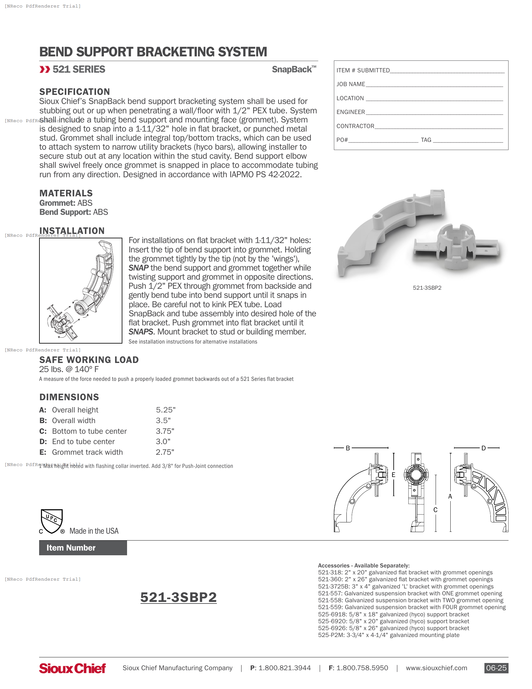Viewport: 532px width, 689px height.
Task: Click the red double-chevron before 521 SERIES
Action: [x=45, y=70]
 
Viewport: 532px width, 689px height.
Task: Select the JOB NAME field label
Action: [x=350, y=84]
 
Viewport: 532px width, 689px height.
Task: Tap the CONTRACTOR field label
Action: [x=355, y=126]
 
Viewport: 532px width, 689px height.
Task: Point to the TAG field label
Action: [x=426, y=140]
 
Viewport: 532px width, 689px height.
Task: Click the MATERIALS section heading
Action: [x=66, y=193]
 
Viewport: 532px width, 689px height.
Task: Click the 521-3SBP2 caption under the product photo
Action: [x=427, y=288]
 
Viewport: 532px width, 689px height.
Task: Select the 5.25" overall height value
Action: [x=166, y=410]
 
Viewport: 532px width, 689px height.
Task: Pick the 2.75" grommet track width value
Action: [x=165, y=452]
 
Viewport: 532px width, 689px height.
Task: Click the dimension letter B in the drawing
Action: [x=348, y=448]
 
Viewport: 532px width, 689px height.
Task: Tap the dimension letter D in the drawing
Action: [x=483, y=448]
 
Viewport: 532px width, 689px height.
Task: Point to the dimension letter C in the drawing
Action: [x=435, y=510]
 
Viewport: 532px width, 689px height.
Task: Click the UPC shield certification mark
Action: [x=52, y=521]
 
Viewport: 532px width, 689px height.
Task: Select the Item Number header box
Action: [x=83, y=548]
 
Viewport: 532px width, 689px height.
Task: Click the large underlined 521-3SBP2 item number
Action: [x=178, y=597]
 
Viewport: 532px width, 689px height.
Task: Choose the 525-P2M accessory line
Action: [x=388, y=635]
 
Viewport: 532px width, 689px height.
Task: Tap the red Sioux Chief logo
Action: [x=73, y=668]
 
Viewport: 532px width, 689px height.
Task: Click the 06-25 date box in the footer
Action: [x=496, y=668]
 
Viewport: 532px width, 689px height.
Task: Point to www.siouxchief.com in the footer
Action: [x=436, y=668]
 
